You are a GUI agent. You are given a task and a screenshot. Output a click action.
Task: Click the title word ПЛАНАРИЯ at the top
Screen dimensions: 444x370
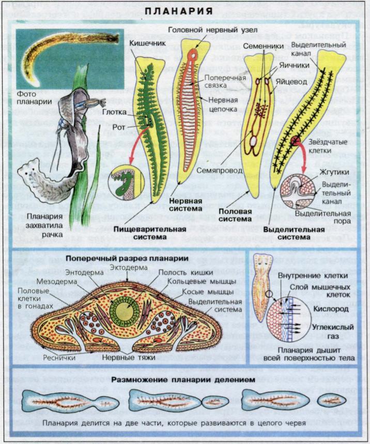coord(185,11)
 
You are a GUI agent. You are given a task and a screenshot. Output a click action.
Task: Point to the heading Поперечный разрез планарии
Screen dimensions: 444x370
coord(126,258)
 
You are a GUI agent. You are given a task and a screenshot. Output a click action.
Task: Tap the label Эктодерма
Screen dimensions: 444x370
coord(126,267)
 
